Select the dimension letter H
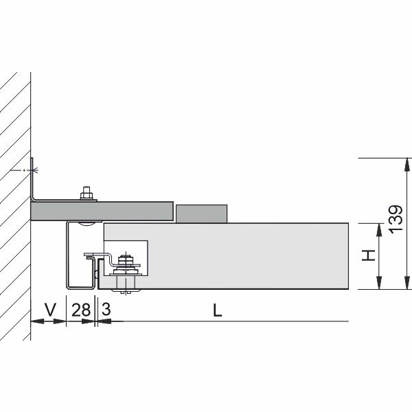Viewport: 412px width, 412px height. point(368,255)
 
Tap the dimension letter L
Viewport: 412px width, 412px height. point(217,310)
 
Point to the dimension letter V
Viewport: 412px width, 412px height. point(50,310)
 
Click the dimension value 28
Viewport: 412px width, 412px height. point(81,310)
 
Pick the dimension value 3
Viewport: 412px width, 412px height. point(106,309)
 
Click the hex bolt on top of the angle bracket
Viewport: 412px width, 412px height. point(87,193)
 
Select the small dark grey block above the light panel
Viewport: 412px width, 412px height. point(201,214)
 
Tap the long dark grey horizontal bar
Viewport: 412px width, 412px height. point(102,211)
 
